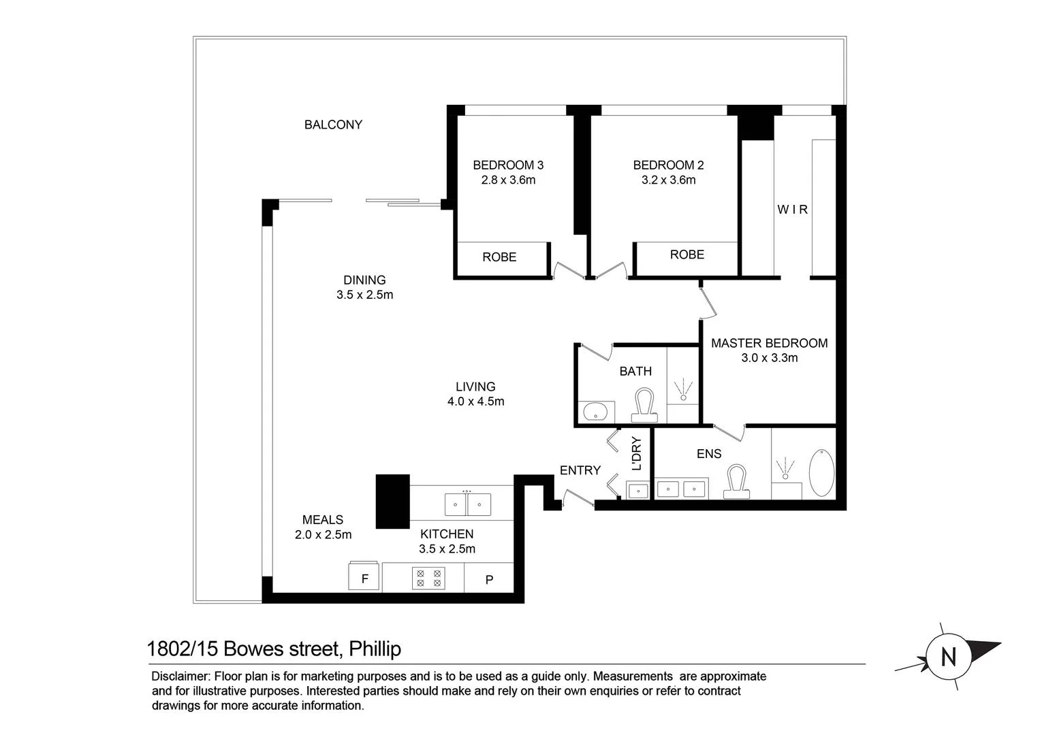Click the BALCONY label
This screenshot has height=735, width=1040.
pos(333,125)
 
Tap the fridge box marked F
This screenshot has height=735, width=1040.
pos(364,578)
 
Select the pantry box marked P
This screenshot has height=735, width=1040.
pos(488,579)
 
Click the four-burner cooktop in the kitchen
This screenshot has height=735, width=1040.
pos(428,578)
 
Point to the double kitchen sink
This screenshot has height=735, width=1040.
pos(467,504)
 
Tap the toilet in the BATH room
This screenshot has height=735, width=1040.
pos(644,402)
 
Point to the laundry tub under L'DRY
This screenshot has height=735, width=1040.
pos(638,489)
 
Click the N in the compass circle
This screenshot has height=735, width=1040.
pos(947,657)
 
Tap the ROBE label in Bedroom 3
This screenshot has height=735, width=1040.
pos(499,257)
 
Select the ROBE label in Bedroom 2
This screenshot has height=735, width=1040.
pos(687,255)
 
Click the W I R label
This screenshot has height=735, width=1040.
pos(793,210)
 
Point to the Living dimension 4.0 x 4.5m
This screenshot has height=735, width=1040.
pos(475,402)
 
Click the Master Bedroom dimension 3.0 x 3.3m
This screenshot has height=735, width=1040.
pos(769,358)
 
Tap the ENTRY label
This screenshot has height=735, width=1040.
pos(580,470)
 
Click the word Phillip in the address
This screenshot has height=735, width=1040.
pos(375,649)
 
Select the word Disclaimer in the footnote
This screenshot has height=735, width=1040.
pos(180,676)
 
